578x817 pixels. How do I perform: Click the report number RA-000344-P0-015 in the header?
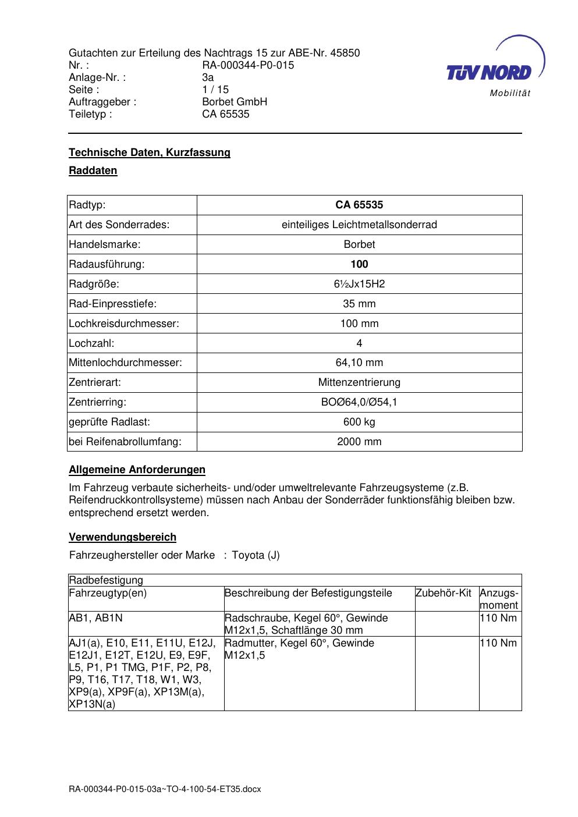click(248, 65)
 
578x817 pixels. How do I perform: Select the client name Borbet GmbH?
click(235, 102)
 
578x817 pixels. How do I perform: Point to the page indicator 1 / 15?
click(215, 90)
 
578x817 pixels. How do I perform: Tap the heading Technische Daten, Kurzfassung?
click(150, 152)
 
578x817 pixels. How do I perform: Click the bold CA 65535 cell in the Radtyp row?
click(359, 205)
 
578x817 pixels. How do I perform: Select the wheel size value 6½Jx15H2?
click(359, 284)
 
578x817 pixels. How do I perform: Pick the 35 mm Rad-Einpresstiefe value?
click(359, 304)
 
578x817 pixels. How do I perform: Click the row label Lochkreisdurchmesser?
click(123, 324)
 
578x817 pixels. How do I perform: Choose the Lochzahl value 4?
click(359, 343)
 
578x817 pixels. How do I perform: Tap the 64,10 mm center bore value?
click(359, 363)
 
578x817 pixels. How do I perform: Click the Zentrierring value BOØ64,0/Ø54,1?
click(359, 402)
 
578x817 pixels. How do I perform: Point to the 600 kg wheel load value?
click(359, 422)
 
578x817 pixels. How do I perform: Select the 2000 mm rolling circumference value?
click(359, 442)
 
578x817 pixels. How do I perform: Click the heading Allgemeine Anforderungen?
click(137, 470)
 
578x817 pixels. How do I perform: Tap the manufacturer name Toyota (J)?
click(256, 555)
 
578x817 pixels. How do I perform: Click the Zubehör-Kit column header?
click(443, 593)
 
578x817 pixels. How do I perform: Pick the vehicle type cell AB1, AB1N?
click(95, 618)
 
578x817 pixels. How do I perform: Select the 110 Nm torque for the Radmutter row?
click(498, 643)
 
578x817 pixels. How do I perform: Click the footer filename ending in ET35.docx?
click(165, 790)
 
